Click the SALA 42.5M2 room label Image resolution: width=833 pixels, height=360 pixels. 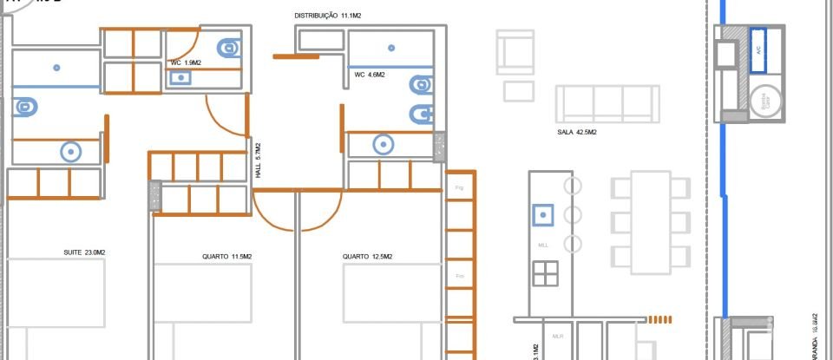point(576,133)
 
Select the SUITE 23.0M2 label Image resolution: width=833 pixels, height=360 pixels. point(85,252)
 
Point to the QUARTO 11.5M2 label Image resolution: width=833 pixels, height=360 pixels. point(226,257)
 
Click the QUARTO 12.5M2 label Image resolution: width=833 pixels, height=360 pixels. point(367,257)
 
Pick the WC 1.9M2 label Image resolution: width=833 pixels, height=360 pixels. point(187,63)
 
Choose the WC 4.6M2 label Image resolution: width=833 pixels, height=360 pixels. point(370,75)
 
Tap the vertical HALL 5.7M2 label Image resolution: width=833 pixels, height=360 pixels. point(258,161)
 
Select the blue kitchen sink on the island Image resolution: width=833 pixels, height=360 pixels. point(543,213)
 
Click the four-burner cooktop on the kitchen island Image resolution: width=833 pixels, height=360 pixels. point(545,273)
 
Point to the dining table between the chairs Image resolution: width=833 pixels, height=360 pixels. point(650,222)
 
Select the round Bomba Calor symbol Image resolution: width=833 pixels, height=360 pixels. point(765,101)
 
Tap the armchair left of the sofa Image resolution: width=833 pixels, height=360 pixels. point(515,52)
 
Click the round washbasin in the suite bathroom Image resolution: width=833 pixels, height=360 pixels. point(71,152)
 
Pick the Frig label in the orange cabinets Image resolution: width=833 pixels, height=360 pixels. point(460,187)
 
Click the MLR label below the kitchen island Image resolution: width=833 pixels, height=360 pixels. point(558,335)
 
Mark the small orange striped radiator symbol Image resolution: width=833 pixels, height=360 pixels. point(661,318)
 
